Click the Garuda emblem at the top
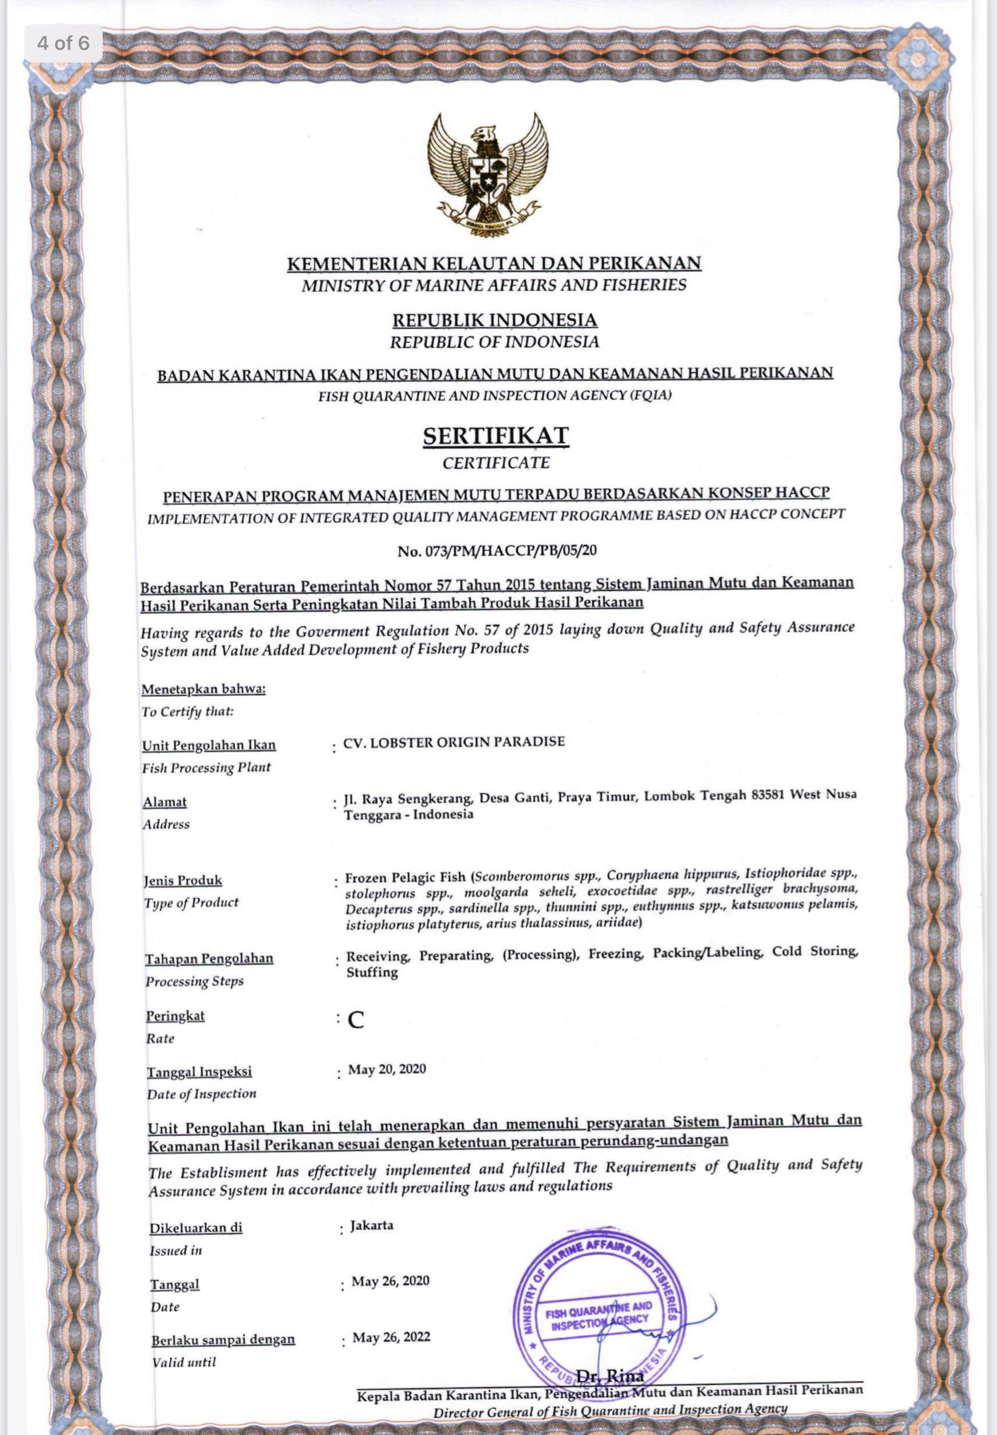click(x=488, y=175)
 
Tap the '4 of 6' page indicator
click(x=63, y=43)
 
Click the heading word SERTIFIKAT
click(x=495, y=435)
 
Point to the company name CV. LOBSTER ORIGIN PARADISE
click(x=454, y=742)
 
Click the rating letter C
click(x=356, y=1020)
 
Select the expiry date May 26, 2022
click(x=391, y=1337)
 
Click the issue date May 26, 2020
click(x=390, y=1281)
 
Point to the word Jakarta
click(x=371, y=1225)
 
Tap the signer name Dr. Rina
click(x=610, y=1375)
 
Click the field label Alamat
click(x=165, y=801)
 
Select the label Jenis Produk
click(x=182, y=880)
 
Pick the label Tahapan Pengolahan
click(x=209, y=958)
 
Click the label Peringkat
click(x=176, y=1016)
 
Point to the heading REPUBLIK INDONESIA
click(x=495, y=320)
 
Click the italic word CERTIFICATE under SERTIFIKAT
click(x=496, y=463)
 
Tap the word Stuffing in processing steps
click(x=371, y=972)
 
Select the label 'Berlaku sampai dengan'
click(x=223, y=1340)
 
